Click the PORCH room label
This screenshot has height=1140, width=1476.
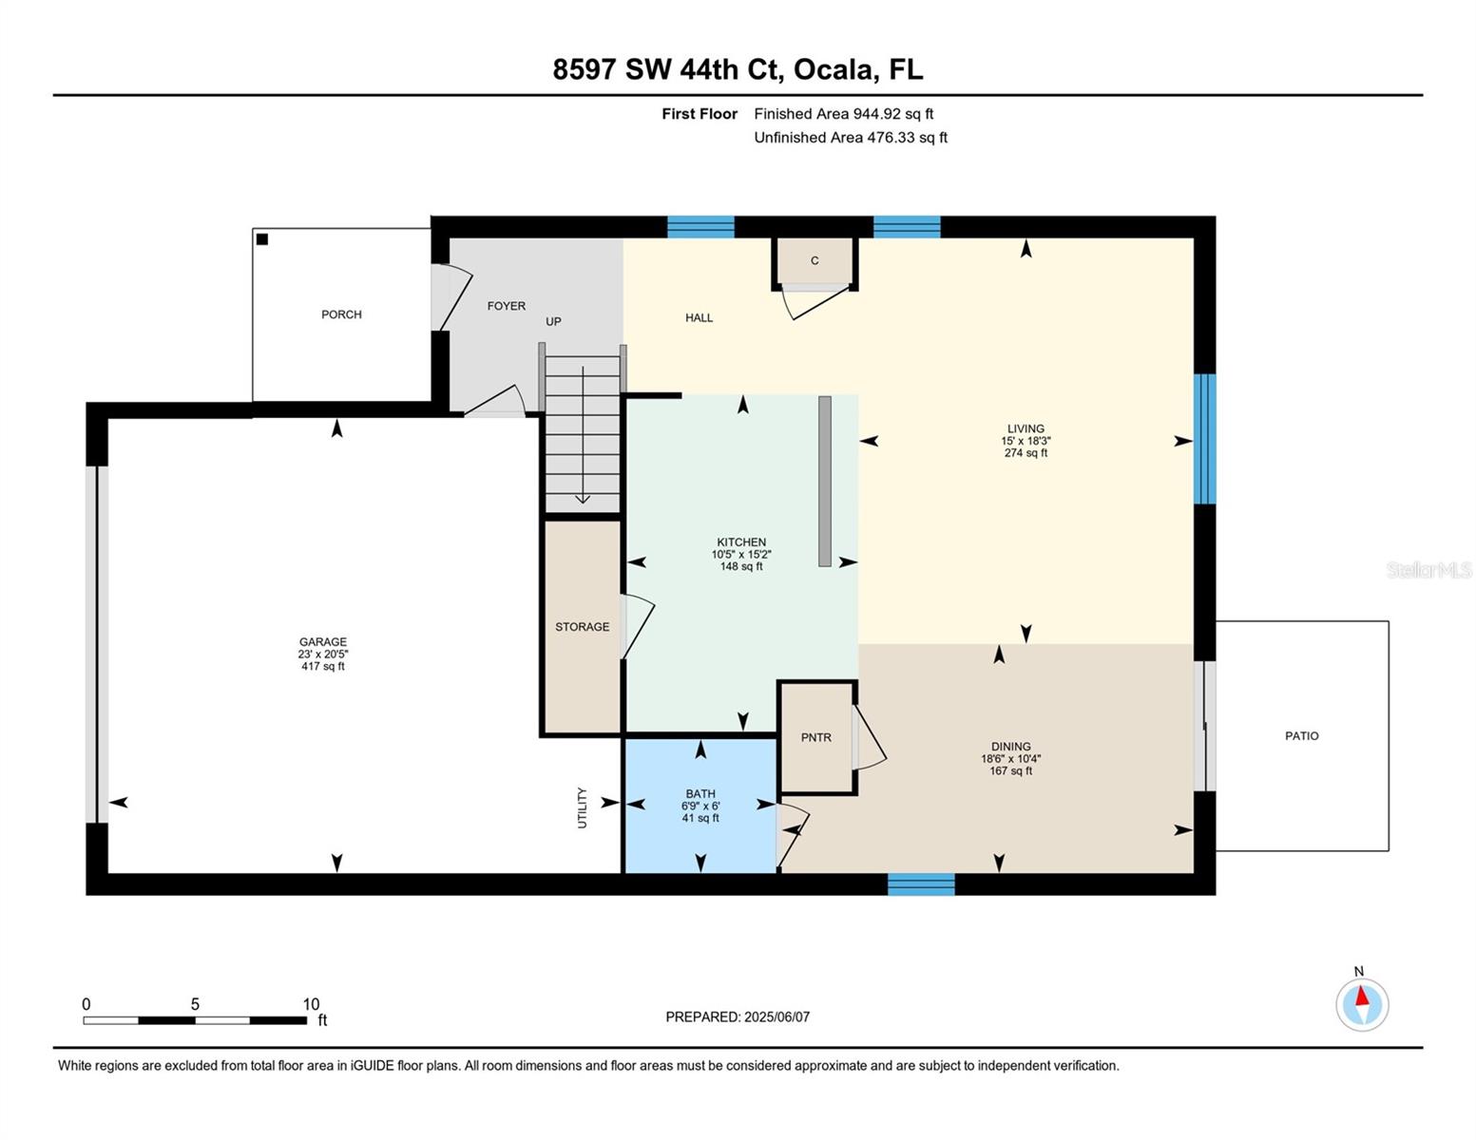tap(341, 314)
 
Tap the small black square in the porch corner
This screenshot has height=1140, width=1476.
tap(262, 239)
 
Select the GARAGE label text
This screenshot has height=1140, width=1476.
tap(323, 642)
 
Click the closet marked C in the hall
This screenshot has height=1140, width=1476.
tap(815, 261)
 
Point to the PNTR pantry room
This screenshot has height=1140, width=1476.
tap(816, 737)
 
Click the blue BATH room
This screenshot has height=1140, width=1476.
tap(700, 805)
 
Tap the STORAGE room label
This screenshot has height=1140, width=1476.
tap(583, 627)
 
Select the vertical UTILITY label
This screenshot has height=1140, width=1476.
tap(583, 807)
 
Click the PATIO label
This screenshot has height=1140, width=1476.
tap(1301, 736)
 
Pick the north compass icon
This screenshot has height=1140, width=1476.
tap(1362, 1004)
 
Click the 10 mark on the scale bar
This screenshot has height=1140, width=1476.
tap(311, 1004)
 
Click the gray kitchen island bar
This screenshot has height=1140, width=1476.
tap(825, 481)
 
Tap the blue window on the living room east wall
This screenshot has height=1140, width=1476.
tap(1204, 439)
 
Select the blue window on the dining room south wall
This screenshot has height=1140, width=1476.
tap(921, 884)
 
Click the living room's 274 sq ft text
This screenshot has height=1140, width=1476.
tap(1026, 453)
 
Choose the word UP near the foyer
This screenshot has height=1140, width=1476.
tap(553, 322)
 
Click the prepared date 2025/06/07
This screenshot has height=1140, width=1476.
tap(776, 1016)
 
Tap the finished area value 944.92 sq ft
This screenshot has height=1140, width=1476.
tap(892, 114)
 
